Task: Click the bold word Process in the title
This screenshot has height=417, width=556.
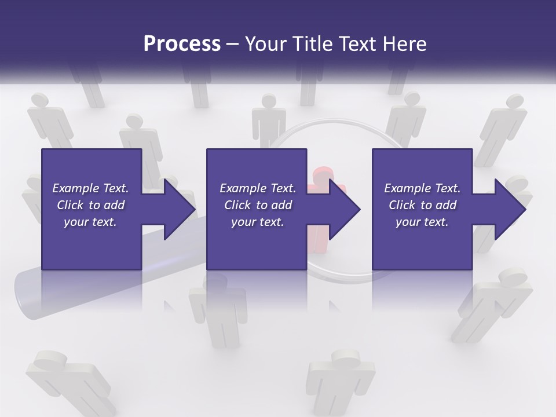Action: pyautogui.click(x=182, y=44)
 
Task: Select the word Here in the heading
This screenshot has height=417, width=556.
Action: pyautogui.click(x=406, y=44)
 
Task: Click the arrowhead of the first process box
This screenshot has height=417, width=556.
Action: pyautogui.click(x=180, y=209)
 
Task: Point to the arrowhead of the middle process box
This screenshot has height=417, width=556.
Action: pyautogui.click(x=345, y=209)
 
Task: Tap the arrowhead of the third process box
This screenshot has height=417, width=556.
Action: pyautogui.click(x=510, y=209)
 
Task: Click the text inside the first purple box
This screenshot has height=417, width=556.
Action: pyautogui.click(x=90, y=205)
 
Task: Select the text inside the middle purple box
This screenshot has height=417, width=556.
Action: pyautogui.click(x=257, y=205)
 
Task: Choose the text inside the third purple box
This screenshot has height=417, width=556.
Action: pyautogui.click(x=422, y=205)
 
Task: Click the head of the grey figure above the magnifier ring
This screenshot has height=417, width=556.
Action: pyautogui.click(x=268, y=101)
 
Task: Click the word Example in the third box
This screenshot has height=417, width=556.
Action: pyautogui.click(x=407, y=188)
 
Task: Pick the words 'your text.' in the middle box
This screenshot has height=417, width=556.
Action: pyautogui.click(x=257, y=222)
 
